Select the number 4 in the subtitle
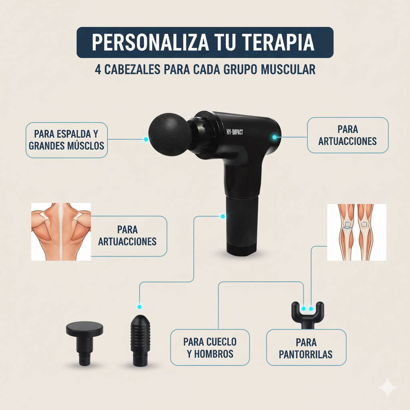click(98, 69)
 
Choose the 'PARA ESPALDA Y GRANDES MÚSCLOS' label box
click(66, 139)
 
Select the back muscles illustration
click(61, 231)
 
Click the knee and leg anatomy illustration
click(356, 232)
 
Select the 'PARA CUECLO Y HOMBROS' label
click(210, 347)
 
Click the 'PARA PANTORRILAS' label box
click(306, 347)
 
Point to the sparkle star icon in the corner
click(388, 388)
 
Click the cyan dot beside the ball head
click(146, 139)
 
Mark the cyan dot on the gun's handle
click(223, 217)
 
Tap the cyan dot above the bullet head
click(139, 307)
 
